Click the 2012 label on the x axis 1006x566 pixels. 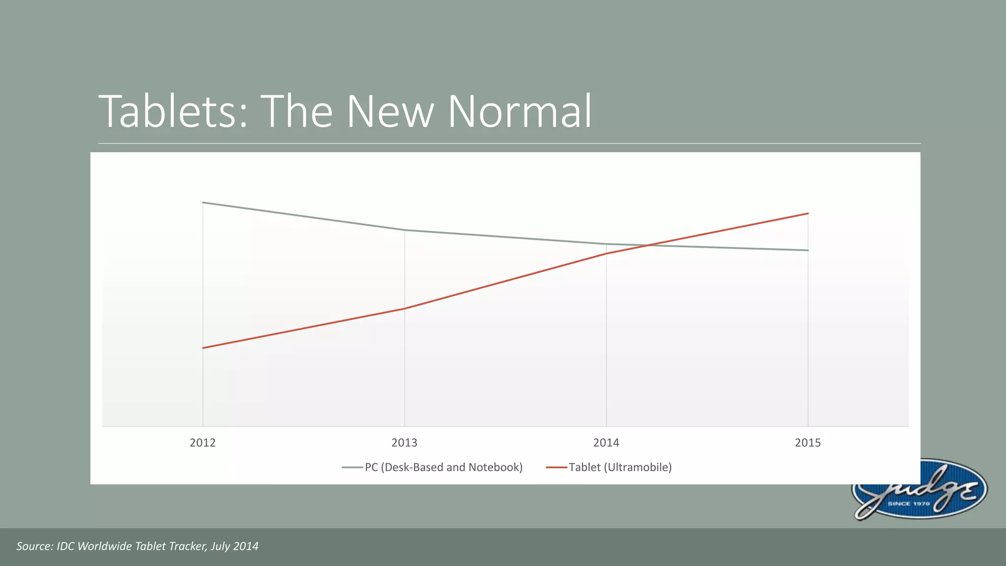pyautogui.click(x=202, y=443)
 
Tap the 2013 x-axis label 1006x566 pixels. pyautogui.click(x=404, y=443)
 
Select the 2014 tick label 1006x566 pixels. pyautogui.click(x=606, y=443)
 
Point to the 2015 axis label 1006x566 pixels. pyautogui.click(x=808, y=443)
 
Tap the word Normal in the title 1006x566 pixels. pyautogui.click(x=519, y=112)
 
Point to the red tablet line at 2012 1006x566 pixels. pyautogui.click(x=203, y=348)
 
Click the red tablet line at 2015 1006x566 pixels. pyautogui.click(x=808, y=214)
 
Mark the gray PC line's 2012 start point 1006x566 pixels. pyautogui.click(x=203, y=202)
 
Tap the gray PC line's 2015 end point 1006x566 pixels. pyautogui.click(x=808, y=250)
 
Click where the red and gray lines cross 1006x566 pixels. pyautogui.click(x=647, y=245)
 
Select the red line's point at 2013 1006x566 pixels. pyautogui.click(x=404, y=309)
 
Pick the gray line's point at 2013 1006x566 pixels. pyautogui.click(x=404, y=230)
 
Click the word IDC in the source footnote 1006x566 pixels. pyautogui.click(x=66, y=546)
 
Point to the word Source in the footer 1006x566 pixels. pyautogui.click(x=34, y=546)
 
